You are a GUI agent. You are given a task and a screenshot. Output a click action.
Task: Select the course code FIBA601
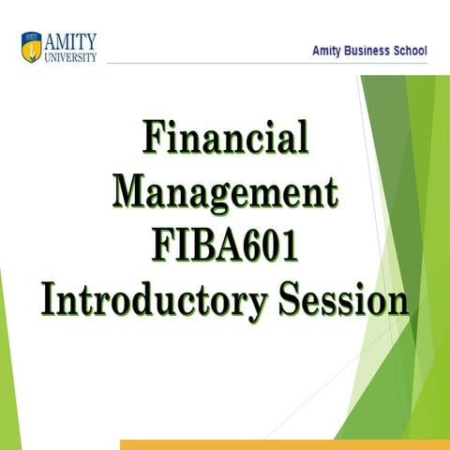coord(225,246)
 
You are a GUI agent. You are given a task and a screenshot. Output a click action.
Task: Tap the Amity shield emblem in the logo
coord(31,44)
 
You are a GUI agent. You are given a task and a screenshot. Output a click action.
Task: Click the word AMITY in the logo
coord(69,39)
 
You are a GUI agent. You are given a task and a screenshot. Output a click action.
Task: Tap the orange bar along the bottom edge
coord(281,444)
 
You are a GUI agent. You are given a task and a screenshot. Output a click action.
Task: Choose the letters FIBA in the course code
coord(193,246)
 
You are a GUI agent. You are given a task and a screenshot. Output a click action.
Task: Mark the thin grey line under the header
coord(225,65)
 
